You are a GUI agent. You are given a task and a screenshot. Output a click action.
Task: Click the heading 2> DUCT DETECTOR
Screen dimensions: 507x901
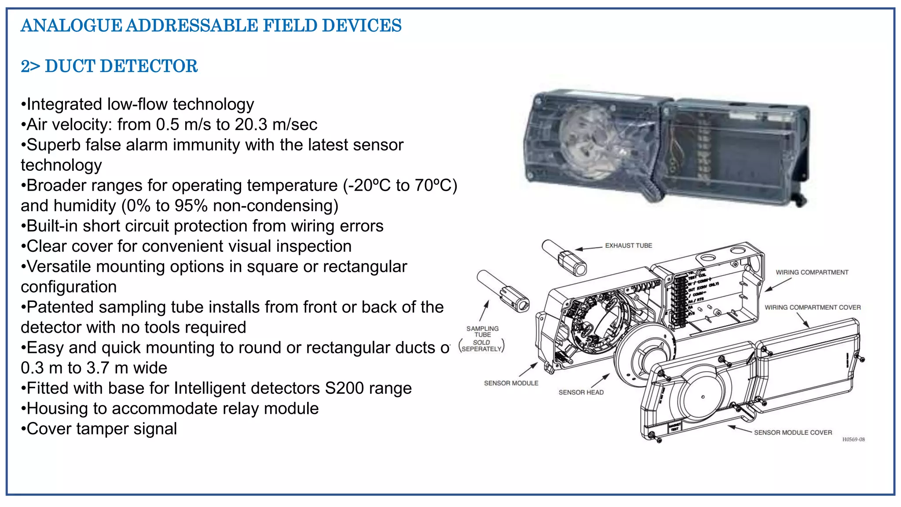coord(109,66)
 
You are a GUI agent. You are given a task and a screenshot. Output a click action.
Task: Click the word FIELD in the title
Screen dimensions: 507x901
coord(290,26)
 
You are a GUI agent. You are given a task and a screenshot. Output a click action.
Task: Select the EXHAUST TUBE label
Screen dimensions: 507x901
coord(628,246)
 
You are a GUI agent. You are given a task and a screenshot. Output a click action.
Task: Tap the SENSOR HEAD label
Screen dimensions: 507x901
coord(581,392)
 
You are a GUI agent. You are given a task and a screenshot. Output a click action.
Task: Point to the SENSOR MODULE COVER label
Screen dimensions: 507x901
coord(793,433)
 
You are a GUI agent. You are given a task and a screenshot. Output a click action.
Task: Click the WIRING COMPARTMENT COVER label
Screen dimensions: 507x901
coord(812,308)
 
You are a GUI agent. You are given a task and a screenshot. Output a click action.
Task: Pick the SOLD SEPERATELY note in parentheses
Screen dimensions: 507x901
coord(481,346)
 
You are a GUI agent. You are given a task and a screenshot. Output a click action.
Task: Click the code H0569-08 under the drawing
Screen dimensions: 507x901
coord(853,439)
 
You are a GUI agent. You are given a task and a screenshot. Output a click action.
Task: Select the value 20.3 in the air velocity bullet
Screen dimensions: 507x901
coord(251,125)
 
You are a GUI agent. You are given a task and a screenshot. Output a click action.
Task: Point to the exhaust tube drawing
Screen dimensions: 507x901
coord(564,258)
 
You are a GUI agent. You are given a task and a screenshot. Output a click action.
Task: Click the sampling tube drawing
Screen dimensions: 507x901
coord(503,291)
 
